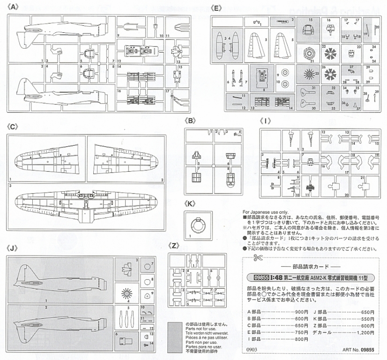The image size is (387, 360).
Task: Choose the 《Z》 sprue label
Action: pyautogui.click(x=174, y=246)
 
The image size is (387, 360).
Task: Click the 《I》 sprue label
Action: pyautogui.click(x=266, y=121)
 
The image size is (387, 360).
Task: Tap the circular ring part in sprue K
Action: pyautogui.click(x=198, y=225)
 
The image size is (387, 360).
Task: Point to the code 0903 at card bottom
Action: pyautogui.click(x=251, y=349)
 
